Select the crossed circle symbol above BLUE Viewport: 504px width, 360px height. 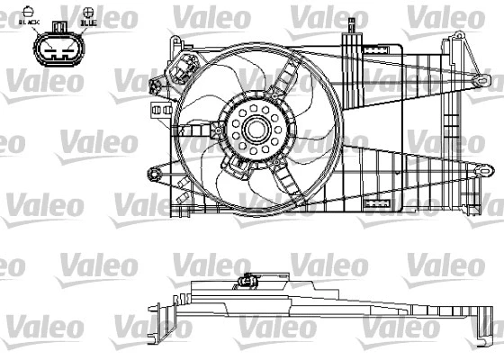pos(88,11)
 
